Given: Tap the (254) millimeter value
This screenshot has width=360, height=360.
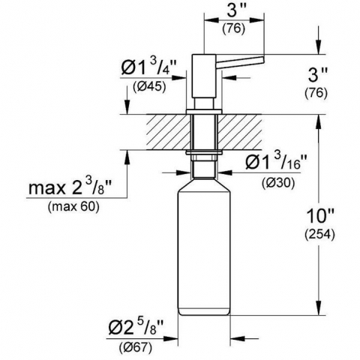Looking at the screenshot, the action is coord(319,235).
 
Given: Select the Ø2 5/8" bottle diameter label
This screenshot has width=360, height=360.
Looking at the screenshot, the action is coord(136,328).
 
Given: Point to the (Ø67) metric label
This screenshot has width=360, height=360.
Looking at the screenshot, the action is coord(135,347).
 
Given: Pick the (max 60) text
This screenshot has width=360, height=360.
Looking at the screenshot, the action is coord(73,206).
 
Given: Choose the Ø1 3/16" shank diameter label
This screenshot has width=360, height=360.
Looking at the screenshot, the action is coord(276,163).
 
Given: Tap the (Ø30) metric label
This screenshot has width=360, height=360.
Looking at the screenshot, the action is coord(278,183).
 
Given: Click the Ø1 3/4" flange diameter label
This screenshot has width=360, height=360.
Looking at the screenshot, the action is coord(149,66).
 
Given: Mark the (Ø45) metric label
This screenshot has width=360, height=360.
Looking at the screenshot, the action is coord(149,87).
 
